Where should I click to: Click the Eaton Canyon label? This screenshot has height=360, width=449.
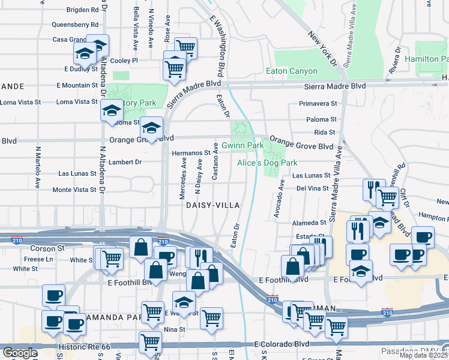coord(295,71)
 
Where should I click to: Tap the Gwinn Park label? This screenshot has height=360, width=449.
coord(243,146)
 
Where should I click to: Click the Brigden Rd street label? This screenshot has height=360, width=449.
coord(82,10)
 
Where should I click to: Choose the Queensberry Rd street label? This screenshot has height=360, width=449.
coord(74,25)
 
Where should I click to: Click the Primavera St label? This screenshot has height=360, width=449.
coord(318,103)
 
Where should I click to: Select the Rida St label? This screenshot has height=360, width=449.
coord(324,132)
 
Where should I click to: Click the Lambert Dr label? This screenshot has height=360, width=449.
coord(125,162)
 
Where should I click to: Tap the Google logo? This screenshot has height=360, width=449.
coord(19,353)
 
